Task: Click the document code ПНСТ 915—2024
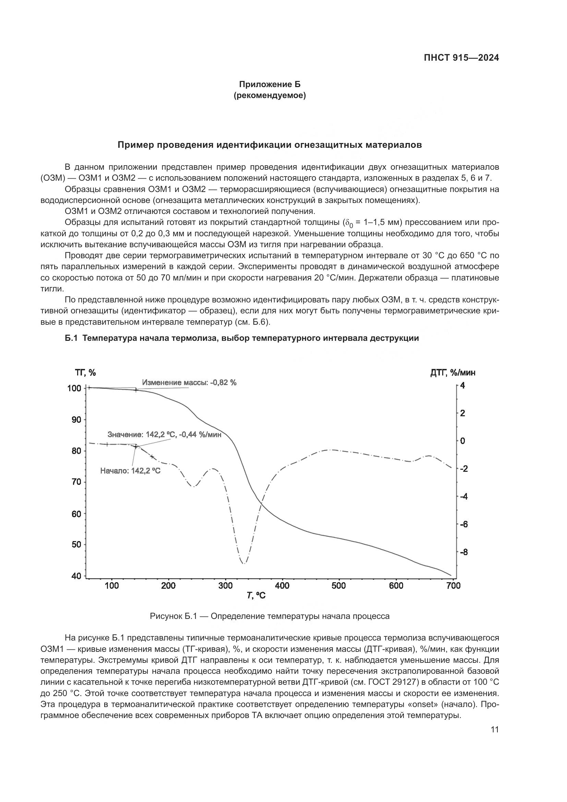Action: [x=461, y=58]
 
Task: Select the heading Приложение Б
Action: [x=269, y=84]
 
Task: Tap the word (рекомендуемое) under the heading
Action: [x=269, y=95]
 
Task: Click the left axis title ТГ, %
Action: [x=85, y=373]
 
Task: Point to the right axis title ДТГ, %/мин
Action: [x=453, y=373]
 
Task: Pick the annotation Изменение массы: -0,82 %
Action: [x=189, y=383]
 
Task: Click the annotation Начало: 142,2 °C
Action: [x=130, y=471]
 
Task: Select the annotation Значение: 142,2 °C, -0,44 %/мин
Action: [x=164, y=435]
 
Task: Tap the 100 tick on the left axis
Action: [x=74, y=388]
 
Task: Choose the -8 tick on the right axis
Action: [x=463, y=552]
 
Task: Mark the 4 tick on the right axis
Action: [x=462, y=386]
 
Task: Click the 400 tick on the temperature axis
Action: [x=282, y=586]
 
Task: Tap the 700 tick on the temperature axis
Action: [x=453, y=586]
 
